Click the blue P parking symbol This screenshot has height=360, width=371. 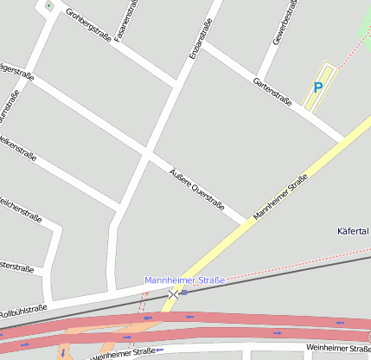click(x=317, y=87)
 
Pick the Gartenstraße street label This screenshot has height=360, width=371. click(x=272, y=92)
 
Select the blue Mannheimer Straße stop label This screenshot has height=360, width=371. click(x=184, y=280)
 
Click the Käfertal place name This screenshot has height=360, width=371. click(x=353, y=231)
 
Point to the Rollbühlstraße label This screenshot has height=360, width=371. click(x=22, y=312)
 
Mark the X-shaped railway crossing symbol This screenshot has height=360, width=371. click(x=173, y=294)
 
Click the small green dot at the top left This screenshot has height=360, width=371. click(x=49, y=6)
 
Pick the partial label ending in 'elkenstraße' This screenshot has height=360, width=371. click(x=17, y=147)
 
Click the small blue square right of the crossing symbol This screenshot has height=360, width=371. click(x=183, y=292)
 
